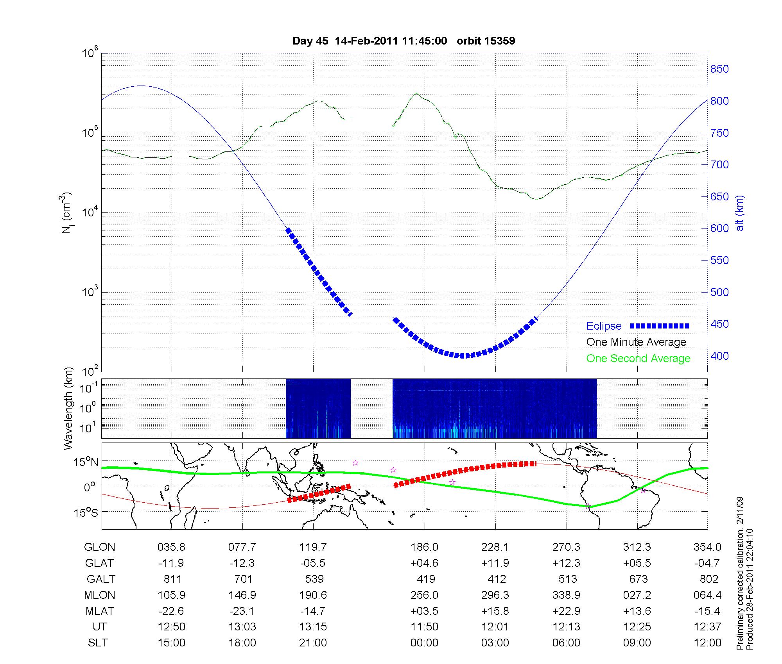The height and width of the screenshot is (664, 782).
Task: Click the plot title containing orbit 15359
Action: click(404, 41)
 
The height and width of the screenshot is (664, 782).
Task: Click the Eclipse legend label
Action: click(604, 326)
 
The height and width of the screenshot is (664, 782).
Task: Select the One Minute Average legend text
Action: click(636, 342)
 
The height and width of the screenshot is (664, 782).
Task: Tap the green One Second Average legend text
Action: click(638, 359)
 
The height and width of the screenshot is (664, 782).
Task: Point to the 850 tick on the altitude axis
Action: click(719, 69)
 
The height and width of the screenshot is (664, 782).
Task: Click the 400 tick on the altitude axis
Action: click(719, 356)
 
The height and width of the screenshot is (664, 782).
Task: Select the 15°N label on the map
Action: click(86, 462)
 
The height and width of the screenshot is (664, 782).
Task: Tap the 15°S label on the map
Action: click(86, 512)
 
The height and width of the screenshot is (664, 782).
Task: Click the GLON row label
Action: click(99, 547)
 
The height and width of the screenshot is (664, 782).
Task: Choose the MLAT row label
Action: click(100, 611)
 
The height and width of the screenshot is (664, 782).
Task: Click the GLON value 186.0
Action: click(424, 547)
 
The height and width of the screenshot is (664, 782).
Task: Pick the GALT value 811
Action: click(171, 579)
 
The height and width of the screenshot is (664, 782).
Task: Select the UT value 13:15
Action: click(313, 627)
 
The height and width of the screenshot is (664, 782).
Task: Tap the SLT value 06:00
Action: click(566, 643)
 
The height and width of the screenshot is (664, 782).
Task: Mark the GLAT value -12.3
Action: click(242, 563)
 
